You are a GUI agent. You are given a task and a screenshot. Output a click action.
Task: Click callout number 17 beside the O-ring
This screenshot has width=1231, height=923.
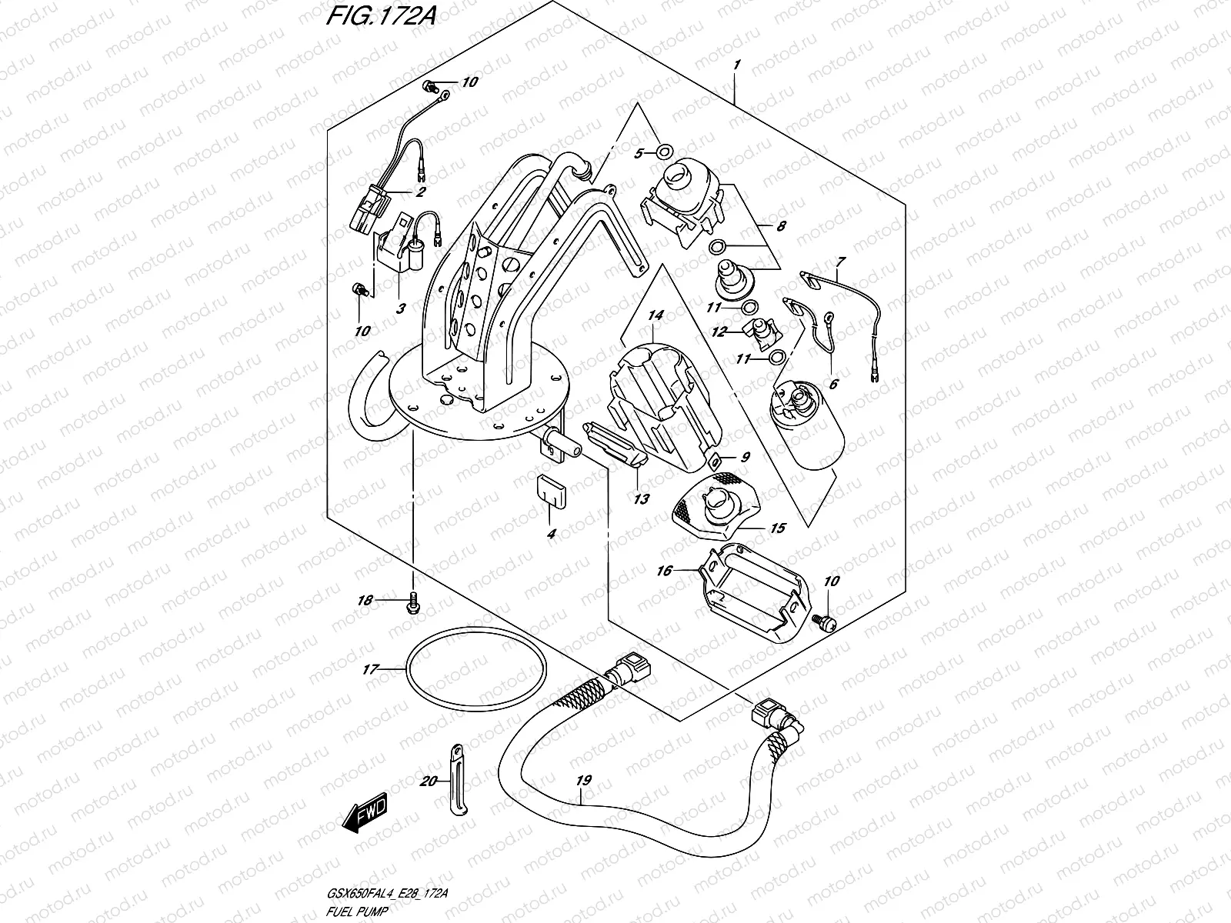click(371, 670)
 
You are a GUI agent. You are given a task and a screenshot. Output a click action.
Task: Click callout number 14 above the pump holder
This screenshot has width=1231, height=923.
click(655, 315)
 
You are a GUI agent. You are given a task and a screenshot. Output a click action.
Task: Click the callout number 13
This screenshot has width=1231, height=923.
click(641, 498)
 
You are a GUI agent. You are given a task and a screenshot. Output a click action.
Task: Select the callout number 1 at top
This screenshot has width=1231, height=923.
click(736, 66)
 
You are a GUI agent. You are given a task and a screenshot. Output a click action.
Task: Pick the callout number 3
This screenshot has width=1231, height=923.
click(400, 308)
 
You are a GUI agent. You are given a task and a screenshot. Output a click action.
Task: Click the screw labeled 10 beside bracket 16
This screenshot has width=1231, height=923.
click(827, 624)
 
